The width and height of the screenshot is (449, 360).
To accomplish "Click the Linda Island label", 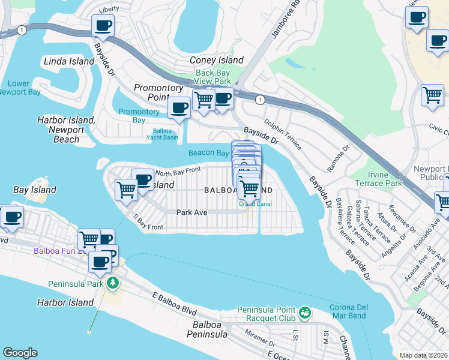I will coord(69,61).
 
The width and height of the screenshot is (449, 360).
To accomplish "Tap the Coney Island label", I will coord(217,60).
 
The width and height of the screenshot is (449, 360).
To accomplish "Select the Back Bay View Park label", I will coord(213,77).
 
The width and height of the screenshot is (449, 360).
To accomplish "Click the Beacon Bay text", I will coord(208,153).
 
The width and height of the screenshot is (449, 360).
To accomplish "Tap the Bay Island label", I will coord(35,190).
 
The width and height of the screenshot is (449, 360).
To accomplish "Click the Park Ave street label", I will coord(191,212).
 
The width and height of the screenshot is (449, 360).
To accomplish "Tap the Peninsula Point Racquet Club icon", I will coord(305,312).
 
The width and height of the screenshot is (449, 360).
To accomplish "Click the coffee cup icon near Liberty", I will coord(103,26).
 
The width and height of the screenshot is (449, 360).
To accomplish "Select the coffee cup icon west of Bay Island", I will coord(12,217).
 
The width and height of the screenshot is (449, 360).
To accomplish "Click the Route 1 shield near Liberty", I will coord(22,29).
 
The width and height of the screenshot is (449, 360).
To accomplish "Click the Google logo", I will coord(20,353).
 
